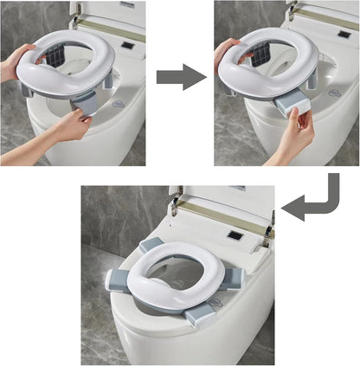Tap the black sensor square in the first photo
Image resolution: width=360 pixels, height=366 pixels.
(128, 44)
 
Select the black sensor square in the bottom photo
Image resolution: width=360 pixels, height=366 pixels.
(234, 235)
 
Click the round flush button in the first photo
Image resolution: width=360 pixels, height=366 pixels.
(119, 104)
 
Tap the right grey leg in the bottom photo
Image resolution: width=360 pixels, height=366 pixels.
(232, 277)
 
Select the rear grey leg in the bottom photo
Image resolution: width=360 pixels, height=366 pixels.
(151, 246)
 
